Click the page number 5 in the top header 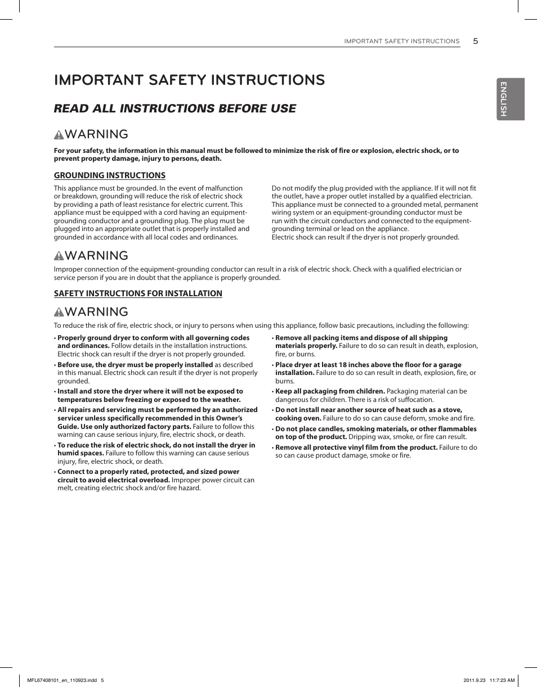pyautogui.click(x=475, y=41)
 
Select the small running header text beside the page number pyautogui.click(x=401, y=42)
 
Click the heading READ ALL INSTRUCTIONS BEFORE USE pyautogui.click(x=174, y=109)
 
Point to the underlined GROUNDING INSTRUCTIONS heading pyautogui.click(x=109, y=175)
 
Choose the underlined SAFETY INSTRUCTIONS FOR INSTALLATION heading pyautogui.click(x=138, y=293)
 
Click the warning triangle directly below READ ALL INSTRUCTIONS pyautogui.click(x=59, y=135)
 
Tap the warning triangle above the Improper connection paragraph pyautogui.click(x=59, y=256)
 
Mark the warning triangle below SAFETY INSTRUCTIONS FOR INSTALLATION pyautogui.click(x=59, y=313)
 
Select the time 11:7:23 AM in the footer pyautogui.click(x=502, y=680)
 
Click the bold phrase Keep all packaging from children pyautogui.click(x=330, y=391)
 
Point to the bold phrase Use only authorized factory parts pyautogui.click(x=124, y=427)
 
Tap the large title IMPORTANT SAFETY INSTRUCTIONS pyautogui.click(x=189, y=80)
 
